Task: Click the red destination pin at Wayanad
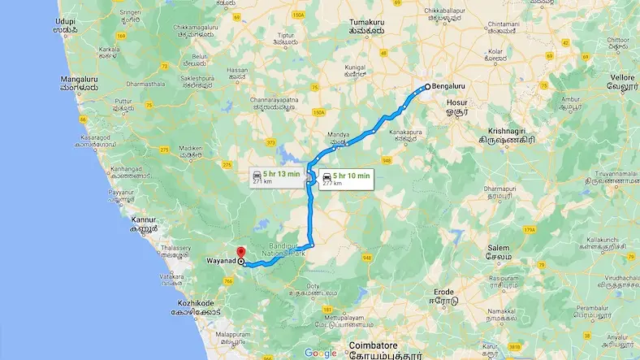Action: pos(239,253)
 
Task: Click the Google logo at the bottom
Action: pos(321,352)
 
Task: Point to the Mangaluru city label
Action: pos(80,79)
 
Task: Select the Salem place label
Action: pos(499,248)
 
